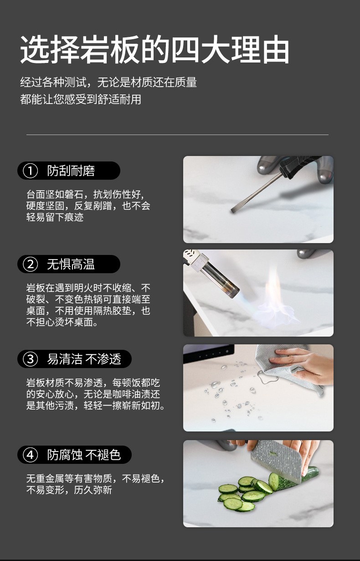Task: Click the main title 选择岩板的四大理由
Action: pyautogui.click(x=154, y=49)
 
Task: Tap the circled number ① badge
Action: pyautogui.click(x=30, y=171)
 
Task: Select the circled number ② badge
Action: pyautogui.click(x=30, y=264)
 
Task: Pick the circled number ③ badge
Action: pyautogui.click(x=30, y=359)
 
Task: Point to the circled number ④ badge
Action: pyautogui.click(x=30, y=455)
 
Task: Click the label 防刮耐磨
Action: pyautogui.click(x=71, y=171)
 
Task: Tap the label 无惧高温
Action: pyautogui.click(x=71, y=264)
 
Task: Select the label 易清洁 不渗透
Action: pyautogui.click(x=84, y=359)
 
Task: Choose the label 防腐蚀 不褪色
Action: pyautogui.click(x=84, y=455)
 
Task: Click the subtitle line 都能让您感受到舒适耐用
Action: pyautogui.click(x=81, y=99)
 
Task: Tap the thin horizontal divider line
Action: pyautogui.click(x=177, y=135)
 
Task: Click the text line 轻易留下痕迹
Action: pyautogui.click(x=55, y=217)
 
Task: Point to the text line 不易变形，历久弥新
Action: pyautogui.click(x=69, y=490)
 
